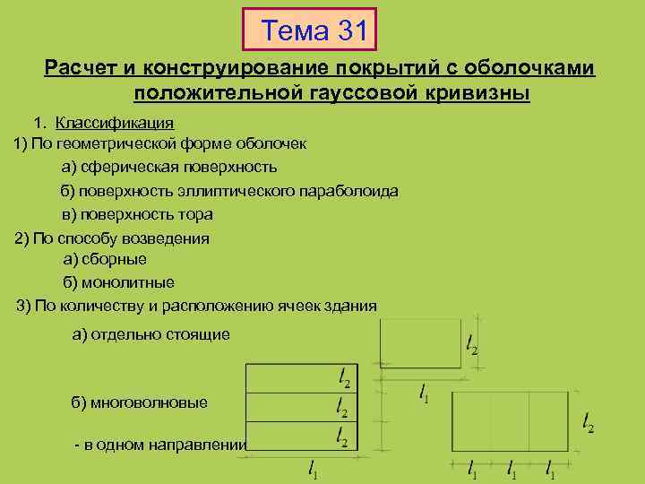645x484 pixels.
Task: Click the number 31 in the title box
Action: [348, 32]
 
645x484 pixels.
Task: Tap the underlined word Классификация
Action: [114, 122]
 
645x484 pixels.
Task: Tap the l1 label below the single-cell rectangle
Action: [424, 392]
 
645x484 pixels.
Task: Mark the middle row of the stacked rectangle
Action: [287, 408]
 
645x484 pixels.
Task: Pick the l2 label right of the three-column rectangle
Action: [587, 421]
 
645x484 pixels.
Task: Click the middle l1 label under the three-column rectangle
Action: [511, 468]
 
